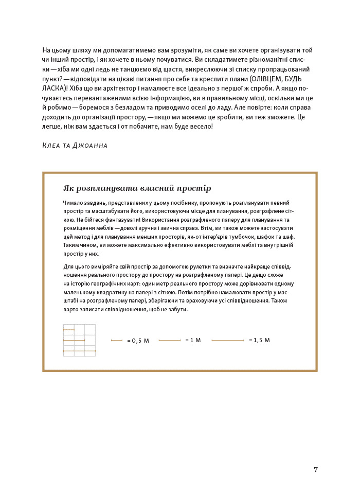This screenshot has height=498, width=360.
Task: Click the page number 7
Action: point(316,470)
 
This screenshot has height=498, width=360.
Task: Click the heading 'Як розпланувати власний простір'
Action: point(137,188)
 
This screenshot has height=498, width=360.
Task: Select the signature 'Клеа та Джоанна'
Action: point(75,146)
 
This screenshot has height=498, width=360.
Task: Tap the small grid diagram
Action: point(79,340)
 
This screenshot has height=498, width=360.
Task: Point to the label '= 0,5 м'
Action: point(138,341)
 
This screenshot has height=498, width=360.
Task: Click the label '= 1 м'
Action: point(193,340)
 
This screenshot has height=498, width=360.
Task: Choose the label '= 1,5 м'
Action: point(259,340)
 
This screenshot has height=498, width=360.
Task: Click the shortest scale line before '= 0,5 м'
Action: point(117,341)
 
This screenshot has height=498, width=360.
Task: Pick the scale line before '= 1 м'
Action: point(170,341)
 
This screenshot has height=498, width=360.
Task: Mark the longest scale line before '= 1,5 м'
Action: point(228,341)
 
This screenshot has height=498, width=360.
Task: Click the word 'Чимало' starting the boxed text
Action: point(72,203)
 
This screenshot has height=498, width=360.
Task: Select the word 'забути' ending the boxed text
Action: point(177,309)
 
